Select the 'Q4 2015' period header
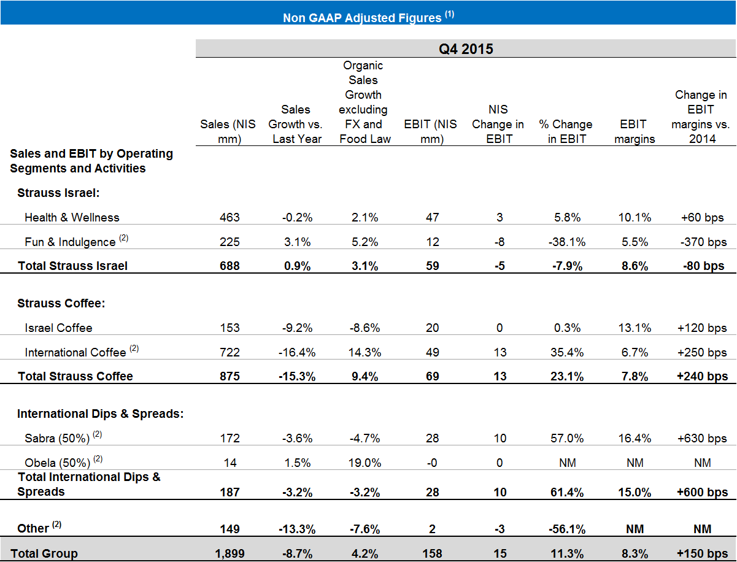(x=466, y=49)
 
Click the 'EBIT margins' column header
(x=634, y=131)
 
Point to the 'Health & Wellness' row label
(x=72, y=217)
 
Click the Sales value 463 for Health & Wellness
(x=230, y=217)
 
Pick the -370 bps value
(x=703, y=242)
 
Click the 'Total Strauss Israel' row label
(x=73, y=266)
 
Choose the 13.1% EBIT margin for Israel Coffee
(x=635, y=328)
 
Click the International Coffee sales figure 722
(x=230, y=352)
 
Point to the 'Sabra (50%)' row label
(x=57, y=438)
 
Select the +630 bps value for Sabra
(x=703, y=438)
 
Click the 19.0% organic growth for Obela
(x=365, y=463)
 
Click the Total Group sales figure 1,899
(x=230, y=553)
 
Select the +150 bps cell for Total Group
(x=703, y=553)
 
